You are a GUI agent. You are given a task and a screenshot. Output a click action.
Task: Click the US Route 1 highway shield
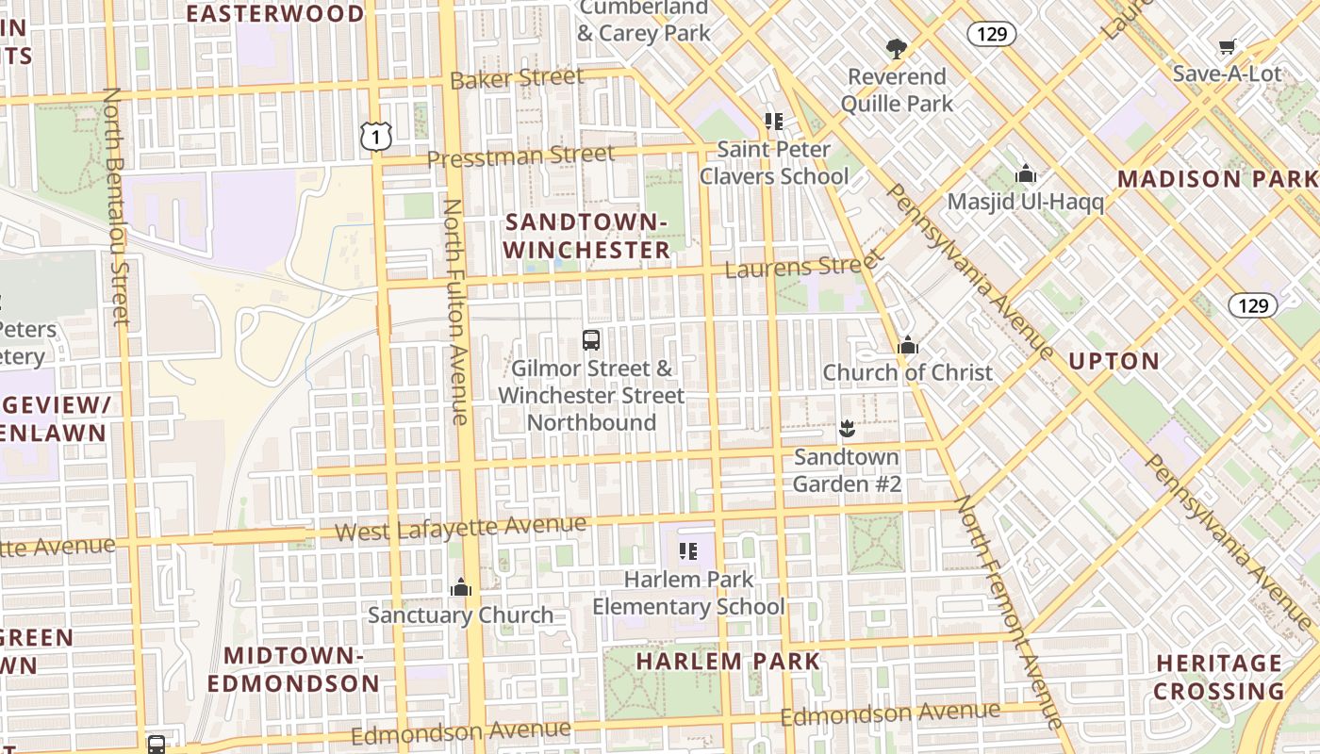pos(375,137)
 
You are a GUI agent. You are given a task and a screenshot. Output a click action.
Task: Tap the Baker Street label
pos(517,79)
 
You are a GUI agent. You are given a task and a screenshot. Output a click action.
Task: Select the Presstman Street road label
pos(520,156)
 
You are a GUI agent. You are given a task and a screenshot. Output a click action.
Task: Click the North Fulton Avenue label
pos(456,311)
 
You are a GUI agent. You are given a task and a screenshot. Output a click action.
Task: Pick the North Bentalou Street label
pos(116,206)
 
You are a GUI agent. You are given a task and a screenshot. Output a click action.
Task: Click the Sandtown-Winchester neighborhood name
pos(586,236)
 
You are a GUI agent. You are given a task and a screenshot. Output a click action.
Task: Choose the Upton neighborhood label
pos(1114,361)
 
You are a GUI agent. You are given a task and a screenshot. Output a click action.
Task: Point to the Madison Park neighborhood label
pos(1217,179)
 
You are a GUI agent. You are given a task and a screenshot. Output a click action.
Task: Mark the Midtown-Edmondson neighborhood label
pos(294,669)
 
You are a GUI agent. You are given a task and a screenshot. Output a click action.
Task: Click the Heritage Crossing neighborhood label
pos(1218,677)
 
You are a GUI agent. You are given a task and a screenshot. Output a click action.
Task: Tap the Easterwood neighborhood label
pos(275,13)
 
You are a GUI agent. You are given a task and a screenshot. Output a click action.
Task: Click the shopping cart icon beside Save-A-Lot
pos(1227,46)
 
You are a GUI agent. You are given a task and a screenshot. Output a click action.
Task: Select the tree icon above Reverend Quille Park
pos(896,48)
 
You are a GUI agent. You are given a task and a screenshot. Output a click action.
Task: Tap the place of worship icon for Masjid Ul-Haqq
pos(1026,174)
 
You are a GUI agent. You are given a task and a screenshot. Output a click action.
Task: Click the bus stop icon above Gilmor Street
pos(591,340)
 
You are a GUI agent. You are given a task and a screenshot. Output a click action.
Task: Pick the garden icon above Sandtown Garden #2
pos(847,429)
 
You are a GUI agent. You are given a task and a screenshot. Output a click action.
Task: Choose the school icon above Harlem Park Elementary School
pos(688,551)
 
